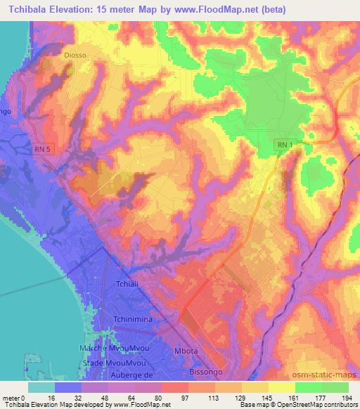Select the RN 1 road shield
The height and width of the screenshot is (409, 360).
click(x=284, y=145)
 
